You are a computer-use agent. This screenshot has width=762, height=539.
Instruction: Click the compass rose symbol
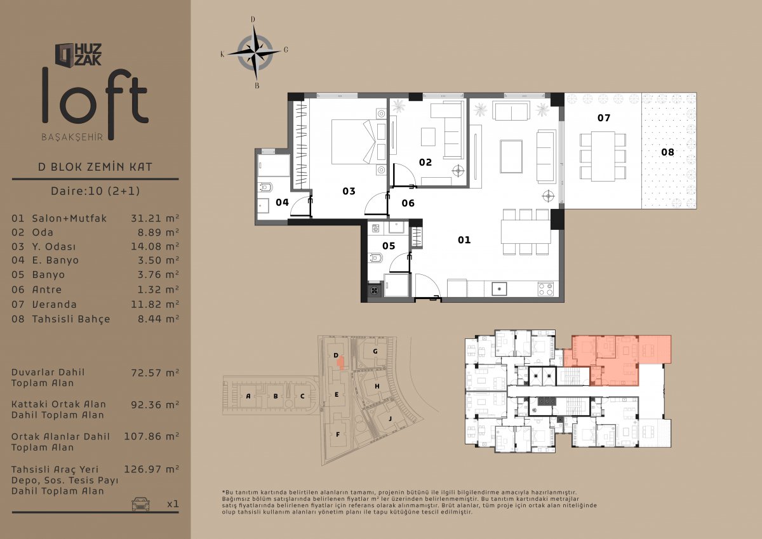click(255, 53)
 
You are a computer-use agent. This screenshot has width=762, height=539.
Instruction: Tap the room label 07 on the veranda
click(604, 118)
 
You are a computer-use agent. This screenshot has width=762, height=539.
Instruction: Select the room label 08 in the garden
click(667, 152)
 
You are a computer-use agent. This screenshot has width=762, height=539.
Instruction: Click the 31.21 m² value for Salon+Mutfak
click(155, 218)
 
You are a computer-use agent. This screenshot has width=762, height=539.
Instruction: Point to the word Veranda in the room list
click(54, 304)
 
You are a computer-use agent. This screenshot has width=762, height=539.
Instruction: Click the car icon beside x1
click(140, 503)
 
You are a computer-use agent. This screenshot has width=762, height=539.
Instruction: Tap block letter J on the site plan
click(390, 418)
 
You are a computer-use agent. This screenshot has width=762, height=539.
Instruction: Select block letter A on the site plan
click(248, 396)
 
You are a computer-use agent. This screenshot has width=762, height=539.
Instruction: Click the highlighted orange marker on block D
click(340, 363)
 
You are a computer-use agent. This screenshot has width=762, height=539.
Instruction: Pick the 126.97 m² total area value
click(151, 469)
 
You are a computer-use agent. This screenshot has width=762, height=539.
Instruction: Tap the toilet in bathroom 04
click(265, 187)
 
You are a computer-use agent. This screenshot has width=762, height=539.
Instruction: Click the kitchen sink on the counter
click(499, 289)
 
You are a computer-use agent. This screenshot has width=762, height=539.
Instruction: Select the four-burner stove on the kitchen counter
click(545, 289)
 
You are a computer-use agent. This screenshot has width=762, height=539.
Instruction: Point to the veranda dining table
click(603, 156)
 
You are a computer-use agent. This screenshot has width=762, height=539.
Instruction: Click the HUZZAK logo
click(78, 55)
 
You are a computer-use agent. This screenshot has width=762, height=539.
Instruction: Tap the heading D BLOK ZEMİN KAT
click(95, 167)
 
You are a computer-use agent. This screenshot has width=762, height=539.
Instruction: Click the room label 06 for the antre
click(408, 203)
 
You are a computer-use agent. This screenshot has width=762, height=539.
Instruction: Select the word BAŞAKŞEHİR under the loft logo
click(72, 137)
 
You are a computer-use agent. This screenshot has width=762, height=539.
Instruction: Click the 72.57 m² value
click(155, 373)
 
